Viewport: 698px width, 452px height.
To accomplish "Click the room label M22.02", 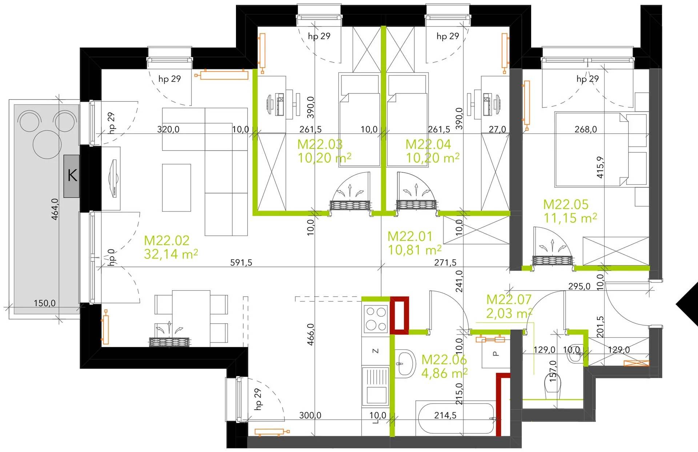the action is [167, 240].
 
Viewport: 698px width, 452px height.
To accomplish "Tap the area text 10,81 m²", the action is [414, 250].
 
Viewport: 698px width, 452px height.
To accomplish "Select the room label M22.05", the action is [566, 204].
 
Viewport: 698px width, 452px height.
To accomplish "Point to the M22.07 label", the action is [509, 299].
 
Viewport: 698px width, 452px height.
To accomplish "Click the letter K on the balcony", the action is [72, 176].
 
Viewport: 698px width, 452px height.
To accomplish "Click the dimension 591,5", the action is [241, 262].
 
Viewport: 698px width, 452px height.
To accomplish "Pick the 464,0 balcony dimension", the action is [55, 209].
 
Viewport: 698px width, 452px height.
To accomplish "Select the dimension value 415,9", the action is [600, 167].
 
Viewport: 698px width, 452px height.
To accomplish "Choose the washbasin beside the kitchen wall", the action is [405, 364].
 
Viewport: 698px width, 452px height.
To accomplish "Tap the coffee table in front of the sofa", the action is [176, 188].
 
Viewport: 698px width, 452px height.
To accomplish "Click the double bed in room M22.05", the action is [591, 149].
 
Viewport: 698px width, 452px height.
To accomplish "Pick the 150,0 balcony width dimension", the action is [45, 303].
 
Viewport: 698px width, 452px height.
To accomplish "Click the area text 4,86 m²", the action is [444, 373].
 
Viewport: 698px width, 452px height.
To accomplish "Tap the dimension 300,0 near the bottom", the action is [310, 415].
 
